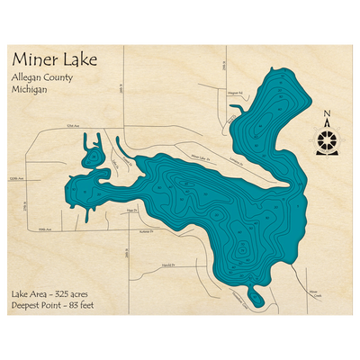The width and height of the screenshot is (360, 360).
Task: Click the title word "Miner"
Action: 37,59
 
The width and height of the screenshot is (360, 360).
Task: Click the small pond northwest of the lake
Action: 93,156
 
